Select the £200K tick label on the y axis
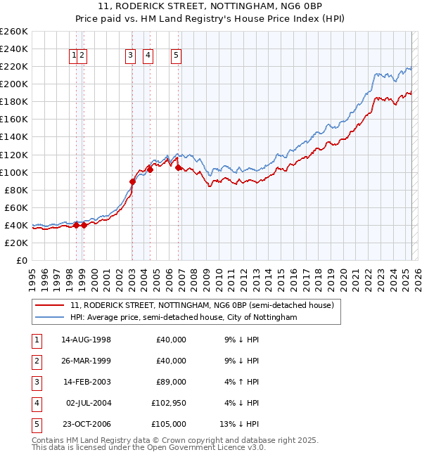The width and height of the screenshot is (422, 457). click(14, 84)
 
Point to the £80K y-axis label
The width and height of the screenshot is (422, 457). click(16, 190)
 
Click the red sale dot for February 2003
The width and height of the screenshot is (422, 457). click(132, 181)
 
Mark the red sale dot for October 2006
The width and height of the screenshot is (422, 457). click(179, 167)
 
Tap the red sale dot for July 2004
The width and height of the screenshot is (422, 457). click(150, 169)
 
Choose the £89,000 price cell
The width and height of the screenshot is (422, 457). click(169, 382)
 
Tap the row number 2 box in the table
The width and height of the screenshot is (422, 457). click(36, 361)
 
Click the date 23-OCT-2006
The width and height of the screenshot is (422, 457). click(86, 424)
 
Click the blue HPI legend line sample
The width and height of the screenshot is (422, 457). click(49, 317)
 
